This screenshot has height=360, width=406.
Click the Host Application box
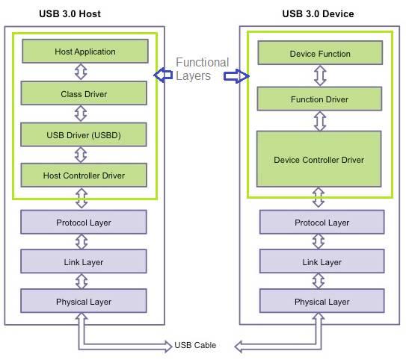pyautogui.click(x=84, y=52)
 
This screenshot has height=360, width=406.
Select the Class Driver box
pyautogui.click(x=84, y=93)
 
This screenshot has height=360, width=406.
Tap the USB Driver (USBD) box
pyautogui.click(x=84, y=134)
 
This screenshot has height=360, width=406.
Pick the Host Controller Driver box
pyautogui.click(x=84, y=175)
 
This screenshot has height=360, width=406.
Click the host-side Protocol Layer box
pyautogui.click(x=84, y=223)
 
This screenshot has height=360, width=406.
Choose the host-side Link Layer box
pyautogui.click(x=84, y=261)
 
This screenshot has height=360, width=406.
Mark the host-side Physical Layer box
pyautogui.click(x=84, y=301)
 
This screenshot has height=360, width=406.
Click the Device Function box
pyautogui.click(x=319, y=54)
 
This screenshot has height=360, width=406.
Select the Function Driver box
pyautogui.click(x=319, y=99)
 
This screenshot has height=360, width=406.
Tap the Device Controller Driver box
pyautogui.click(x=319, y=159)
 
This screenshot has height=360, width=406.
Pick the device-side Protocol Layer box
pyautogui.click(x=322, y=223)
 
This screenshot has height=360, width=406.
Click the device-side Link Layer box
pyautogui.click(x=322, y=261)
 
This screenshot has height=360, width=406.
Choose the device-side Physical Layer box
pyautogui.click(x=322, y=301)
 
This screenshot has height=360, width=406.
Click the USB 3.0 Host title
pyautogui.click(x=70, y=13)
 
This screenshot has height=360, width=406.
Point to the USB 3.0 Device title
pyautogui.click(x=318, y=13)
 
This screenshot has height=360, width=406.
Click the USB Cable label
pyautogui.click(x=195, y=345)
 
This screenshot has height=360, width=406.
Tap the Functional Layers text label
pyautogui.click(x=202, y=69)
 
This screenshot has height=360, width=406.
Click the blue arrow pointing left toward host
pyautogui.click(x=163, y=75)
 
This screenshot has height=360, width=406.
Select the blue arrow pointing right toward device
pyautogui.click(x=236, y=76)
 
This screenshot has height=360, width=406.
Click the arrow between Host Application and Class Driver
pyautogui.click(x=81, y=72)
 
